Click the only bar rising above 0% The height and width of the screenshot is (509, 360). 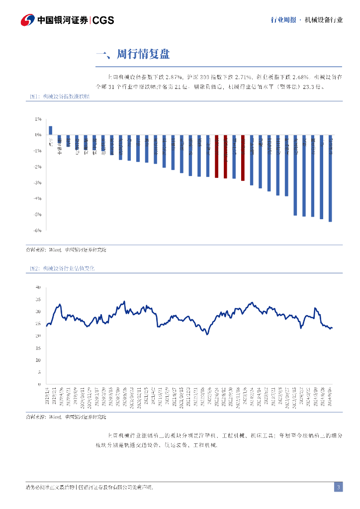point(51,130)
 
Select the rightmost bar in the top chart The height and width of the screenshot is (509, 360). point(330,178)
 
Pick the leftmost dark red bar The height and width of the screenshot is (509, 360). point(216,156)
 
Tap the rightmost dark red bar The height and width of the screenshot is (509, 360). point(243,158)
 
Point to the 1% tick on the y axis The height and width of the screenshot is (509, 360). point(38,119)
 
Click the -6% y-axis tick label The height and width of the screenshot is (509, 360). point(38,231)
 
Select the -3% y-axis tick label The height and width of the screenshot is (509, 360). point(38,183)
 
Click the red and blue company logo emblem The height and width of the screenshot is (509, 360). point(27,20)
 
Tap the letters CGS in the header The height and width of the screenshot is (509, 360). point(103,20)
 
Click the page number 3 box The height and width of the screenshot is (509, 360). point(338,487)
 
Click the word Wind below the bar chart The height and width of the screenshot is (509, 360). point(53,250)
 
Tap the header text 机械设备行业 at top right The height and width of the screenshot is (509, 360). point(324,20)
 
